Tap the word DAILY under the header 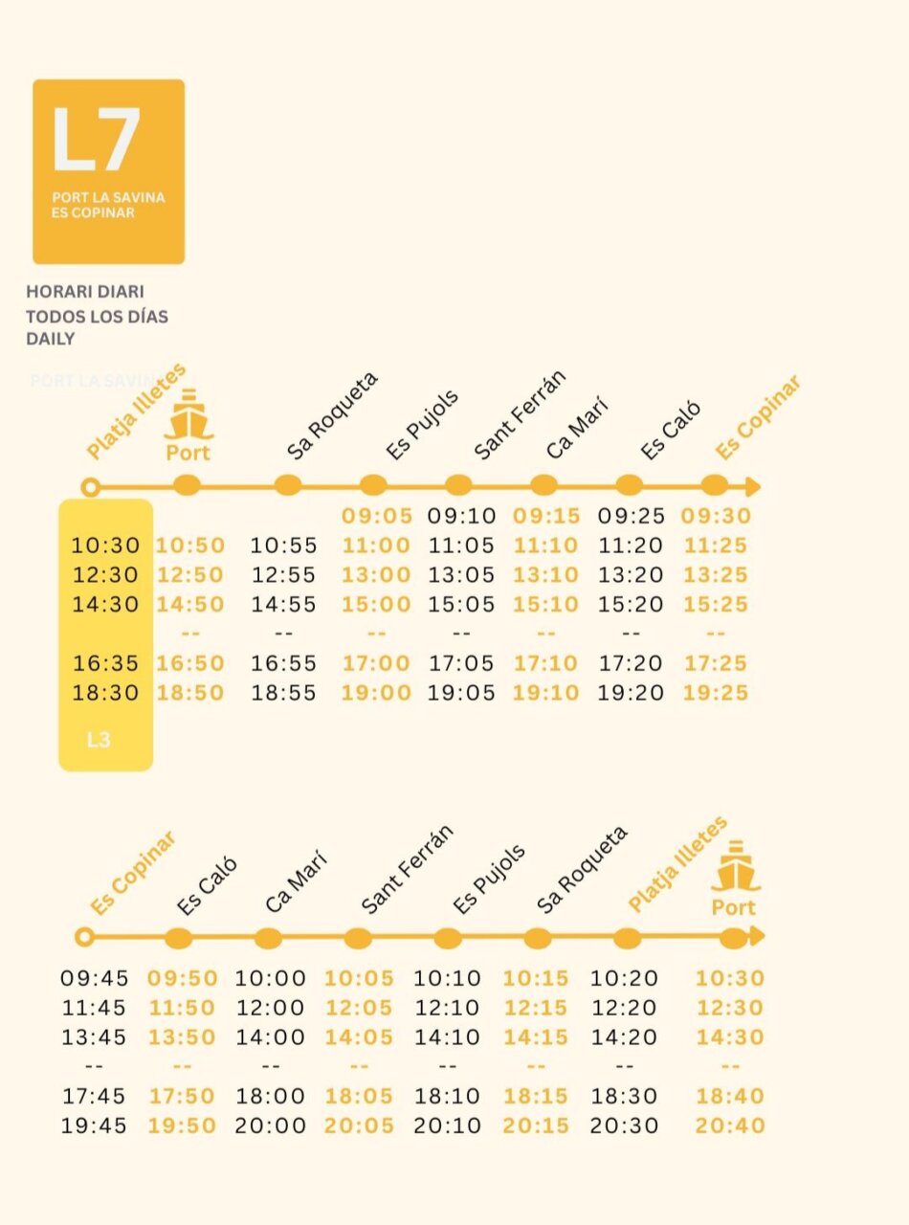point(51,339)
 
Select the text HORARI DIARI point(85,291)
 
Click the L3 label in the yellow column point(99,740)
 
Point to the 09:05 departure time point(377,516)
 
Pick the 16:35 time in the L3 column point(105,663)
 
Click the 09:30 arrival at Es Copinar point(716,516)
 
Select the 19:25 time point(716,693)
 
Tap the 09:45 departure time point(95,978)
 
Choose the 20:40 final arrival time point(730,1125)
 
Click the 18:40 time point(730,1096)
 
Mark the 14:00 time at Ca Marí point(271,1037)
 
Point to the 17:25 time point(716,663)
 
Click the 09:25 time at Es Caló point(632,516)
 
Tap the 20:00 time point(271,1125)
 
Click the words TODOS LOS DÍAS point(98,317)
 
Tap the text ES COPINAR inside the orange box point(93,212)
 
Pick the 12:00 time point(271,1008)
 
